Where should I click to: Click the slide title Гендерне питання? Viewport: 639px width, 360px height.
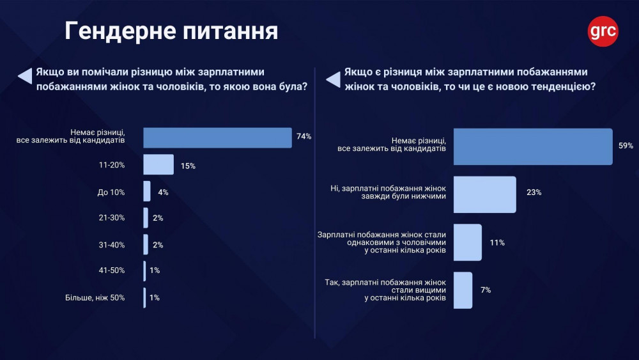click(171, 31)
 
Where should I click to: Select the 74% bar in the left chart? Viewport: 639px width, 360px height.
click(217, 137)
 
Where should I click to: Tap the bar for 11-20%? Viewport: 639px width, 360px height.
click(158, 165)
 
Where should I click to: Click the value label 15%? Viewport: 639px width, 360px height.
click(187, 166)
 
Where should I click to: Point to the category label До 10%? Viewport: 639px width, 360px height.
click(112, 192)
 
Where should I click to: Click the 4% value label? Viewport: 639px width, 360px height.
click(163, 192)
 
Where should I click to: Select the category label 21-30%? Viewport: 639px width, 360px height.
click(112, 218)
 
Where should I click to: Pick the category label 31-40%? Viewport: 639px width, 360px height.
click(112, 244)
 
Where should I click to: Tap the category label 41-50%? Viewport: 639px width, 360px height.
click(112, 271)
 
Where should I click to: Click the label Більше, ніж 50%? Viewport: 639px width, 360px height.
click(95, 297)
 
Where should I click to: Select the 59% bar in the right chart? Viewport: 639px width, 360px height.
click(533, 146)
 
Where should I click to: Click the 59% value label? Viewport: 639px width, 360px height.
click(626, 146)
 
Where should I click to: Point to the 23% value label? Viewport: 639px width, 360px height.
click(534, 192)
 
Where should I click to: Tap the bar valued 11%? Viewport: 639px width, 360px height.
click(468, 242)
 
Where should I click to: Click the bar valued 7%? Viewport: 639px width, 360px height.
click(463, 290)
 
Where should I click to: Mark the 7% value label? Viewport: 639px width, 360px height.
click(486, 290)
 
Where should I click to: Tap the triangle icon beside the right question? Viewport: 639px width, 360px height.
click(333, 79)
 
